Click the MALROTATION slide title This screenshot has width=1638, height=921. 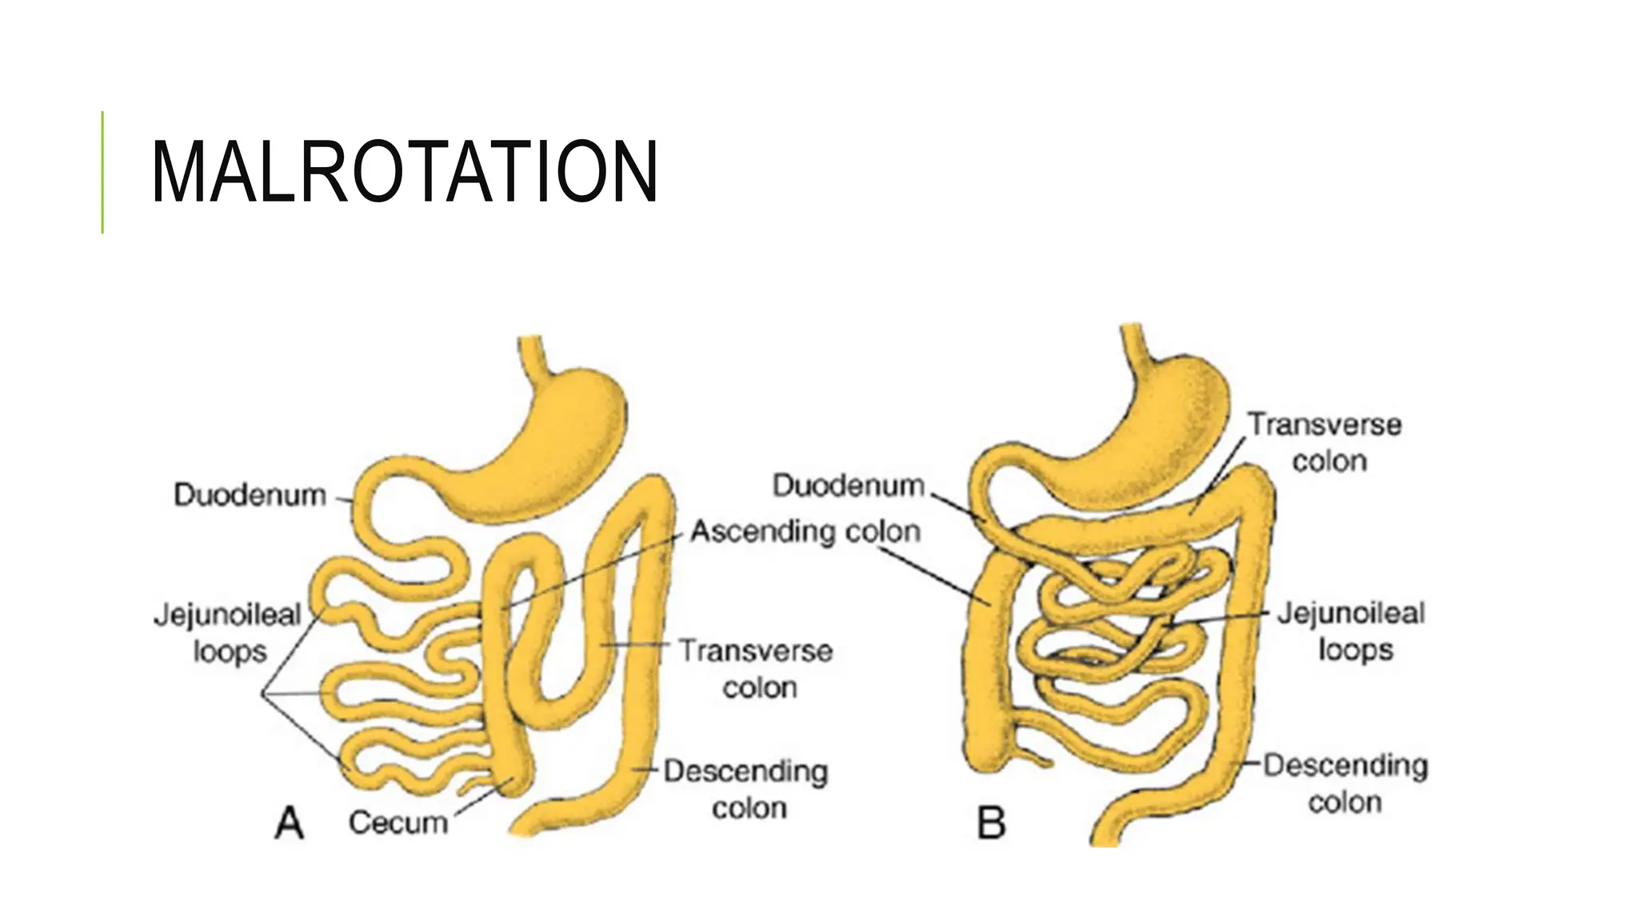pyautogui.click(x=404, y=172)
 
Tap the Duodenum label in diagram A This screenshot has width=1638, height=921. pyautogui.click(x=250, y=495)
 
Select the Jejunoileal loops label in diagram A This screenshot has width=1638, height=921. pyautogui.click(x=228, y=632)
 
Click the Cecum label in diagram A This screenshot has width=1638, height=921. pyautogui.click(x=398, y=822)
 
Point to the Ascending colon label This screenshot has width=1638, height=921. pyautogui.click(x=805, y=531)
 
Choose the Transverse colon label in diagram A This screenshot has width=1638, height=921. pyautogui.click(x=756, y=668)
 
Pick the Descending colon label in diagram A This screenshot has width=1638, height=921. pyautogui.click(x=746, y=789)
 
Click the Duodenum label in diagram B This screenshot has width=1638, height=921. pyautogui.click(x=848, y=485)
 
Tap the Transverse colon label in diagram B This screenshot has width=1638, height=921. pyautogui.click(x=1325, y=442)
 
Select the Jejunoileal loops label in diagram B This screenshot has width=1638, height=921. pyautogui.click(x=1351, y=632)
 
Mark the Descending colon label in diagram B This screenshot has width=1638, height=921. pyautogui.click(x=1345, y=783)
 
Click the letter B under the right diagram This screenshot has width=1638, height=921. pyautogui.click(x=991, y=823)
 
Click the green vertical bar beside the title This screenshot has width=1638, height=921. pyautogui.click(x=102, y=172)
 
